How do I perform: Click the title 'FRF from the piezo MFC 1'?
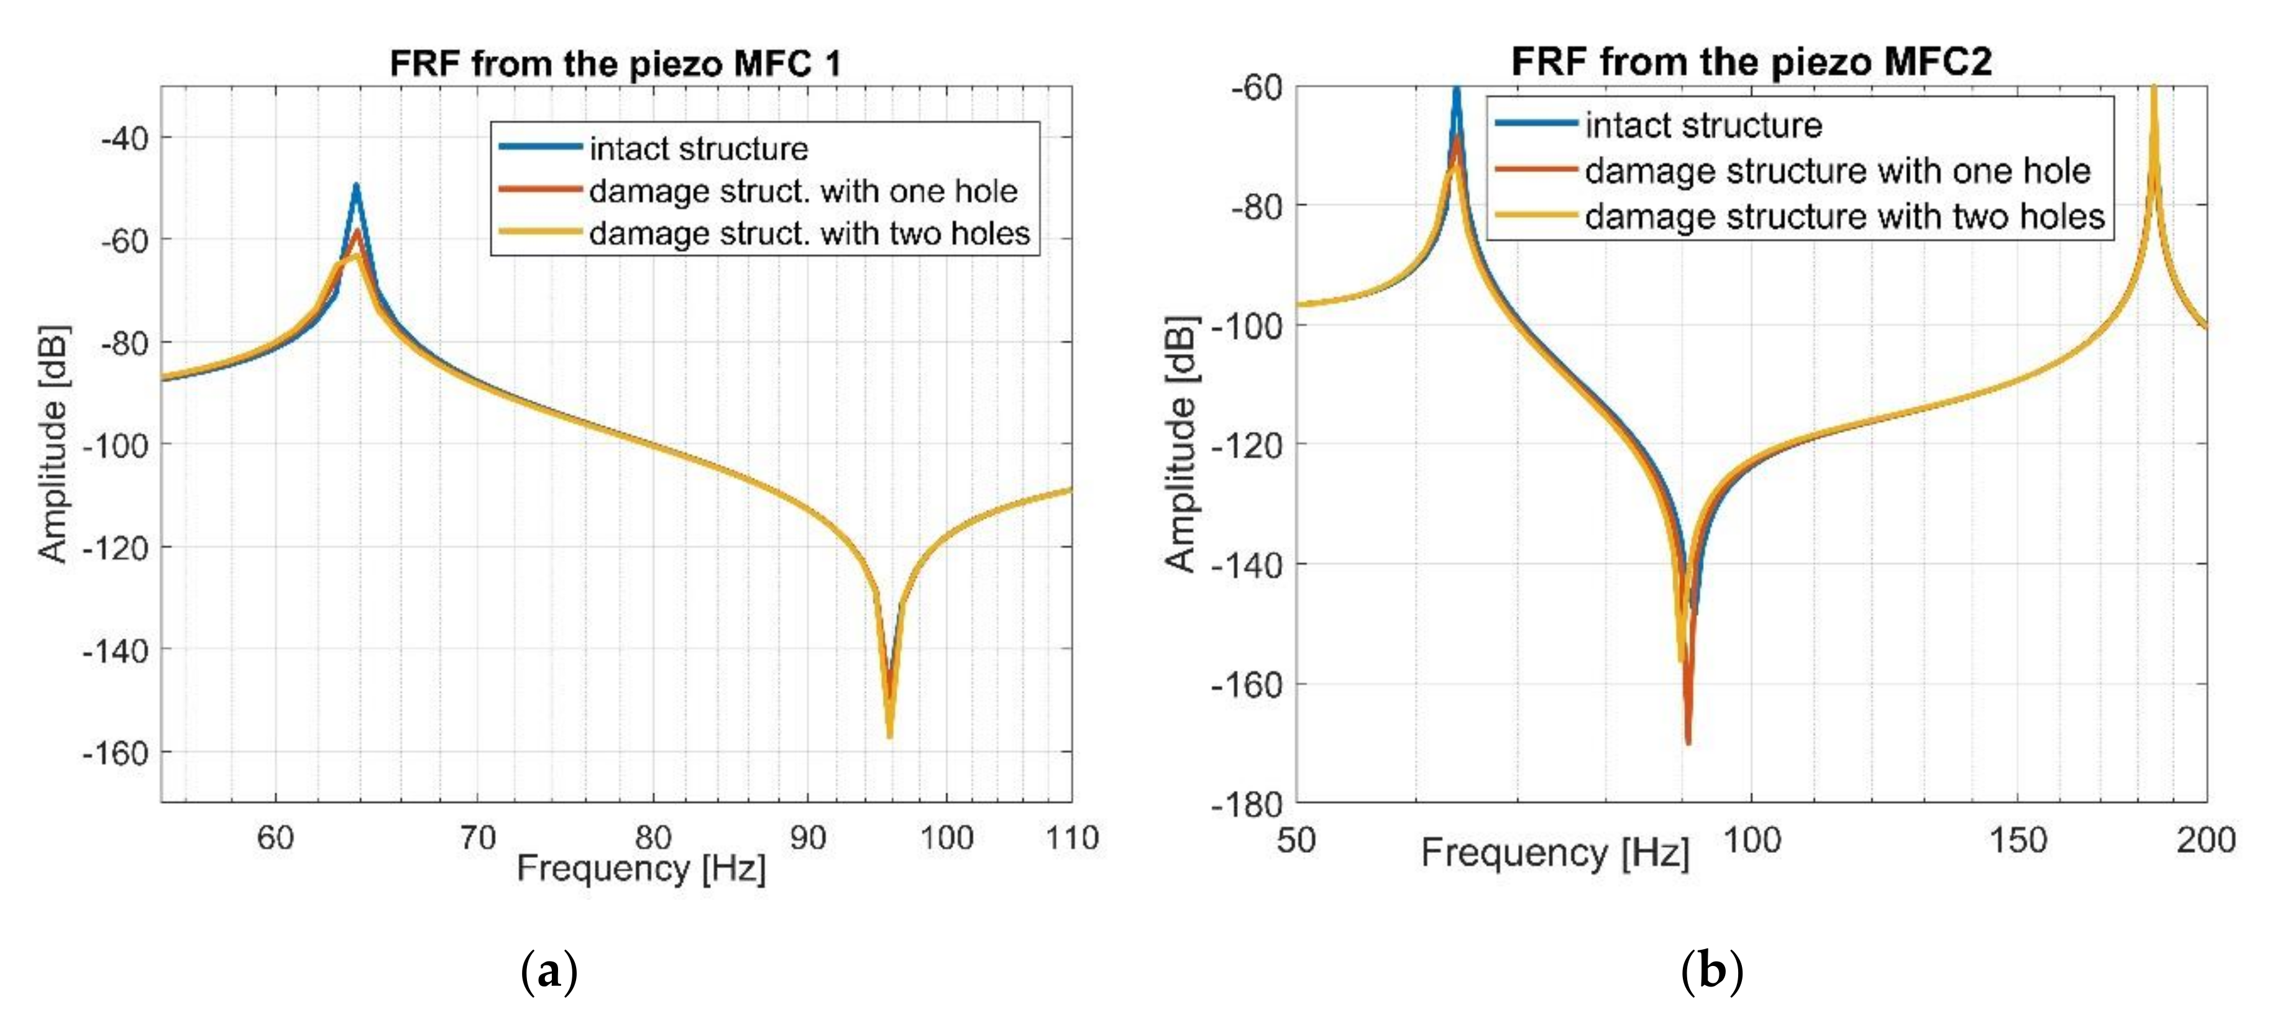tap(615, 64)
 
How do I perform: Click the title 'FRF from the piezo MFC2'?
tap(1751, 61)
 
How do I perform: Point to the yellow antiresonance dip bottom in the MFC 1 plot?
tap(889, 734)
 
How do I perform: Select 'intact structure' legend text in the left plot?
tap(698, 148)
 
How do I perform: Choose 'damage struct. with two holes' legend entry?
tap(809, 233)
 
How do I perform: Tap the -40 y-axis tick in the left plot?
tap(124, 139)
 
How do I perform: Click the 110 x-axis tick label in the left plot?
tap(1072, 837)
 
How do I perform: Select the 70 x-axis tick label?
tap(477, 837)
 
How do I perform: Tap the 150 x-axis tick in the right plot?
tap(2018, 840)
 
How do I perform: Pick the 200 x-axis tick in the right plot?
tap(2205, 840)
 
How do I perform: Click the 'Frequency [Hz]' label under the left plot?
tap(641, 868)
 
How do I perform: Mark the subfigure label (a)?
tap(549, 972)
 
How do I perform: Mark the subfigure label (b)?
tap(1711, 972)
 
